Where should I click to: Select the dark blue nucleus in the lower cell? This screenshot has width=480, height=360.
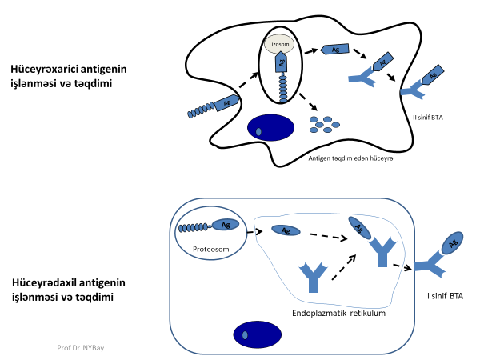[256, 334]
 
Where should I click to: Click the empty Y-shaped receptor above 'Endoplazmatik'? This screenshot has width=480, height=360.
[314, 276]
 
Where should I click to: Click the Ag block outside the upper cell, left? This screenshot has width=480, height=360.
[226, 103]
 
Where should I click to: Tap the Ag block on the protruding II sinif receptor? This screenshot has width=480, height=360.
[433, 76]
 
